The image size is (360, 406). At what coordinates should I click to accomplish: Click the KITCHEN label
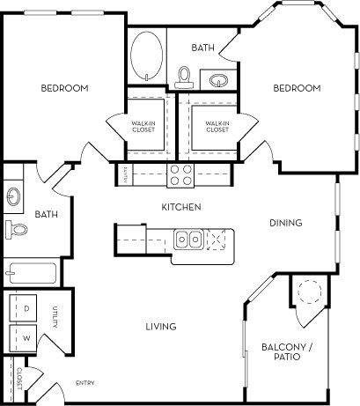[181, 207]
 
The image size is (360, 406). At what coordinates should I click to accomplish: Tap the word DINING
[285, 223]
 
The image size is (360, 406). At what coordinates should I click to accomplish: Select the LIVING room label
[160, 327]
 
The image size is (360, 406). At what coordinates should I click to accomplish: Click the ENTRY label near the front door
[85, 382]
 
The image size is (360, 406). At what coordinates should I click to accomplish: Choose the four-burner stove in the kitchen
[181, 175]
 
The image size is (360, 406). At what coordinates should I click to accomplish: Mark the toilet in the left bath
[16, 230]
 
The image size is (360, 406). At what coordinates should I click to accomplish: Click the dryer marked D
[26, 309]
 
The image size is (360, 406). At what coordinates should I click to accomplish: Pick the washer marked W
[26, 337]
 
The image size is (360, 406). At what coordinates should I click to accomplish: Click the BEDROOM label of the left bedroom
[64, 88]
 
